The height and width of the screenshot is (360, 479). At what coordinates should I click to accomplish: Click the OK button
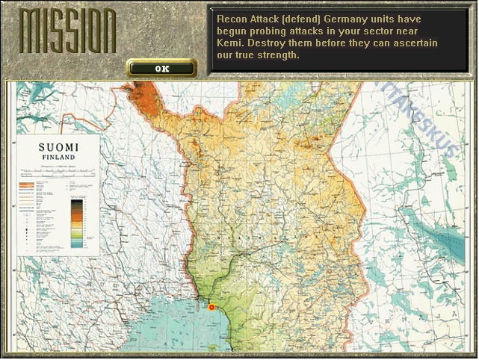click(x=161, y=69)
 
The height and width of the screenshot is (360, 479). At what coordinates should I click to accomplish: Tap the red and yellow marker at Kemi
click(x=211, y=307)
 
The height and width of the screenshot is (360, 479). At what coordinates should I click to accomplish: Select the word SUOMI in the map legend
click(x=58, y=147)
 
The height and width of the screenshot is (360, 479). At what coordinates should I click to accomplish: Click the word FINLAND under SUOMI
click(x=58, y=158)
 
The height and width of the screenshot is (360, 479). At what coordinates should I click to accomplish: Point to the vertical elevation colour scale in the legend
click(x=76, y=223)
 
